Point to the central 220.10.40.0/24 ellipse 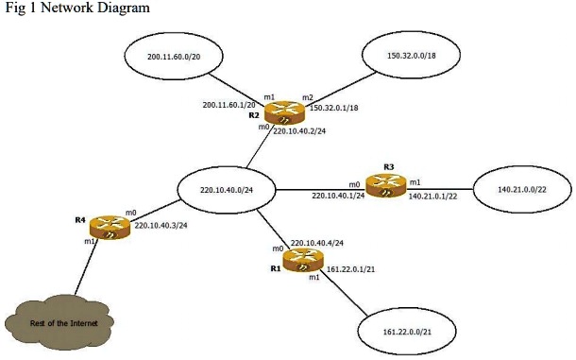point(227,190)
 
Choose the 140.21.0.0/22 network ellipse point(521,190)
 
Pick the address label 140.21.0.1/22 point(432,197)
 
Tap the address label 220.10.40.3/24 point(160,226)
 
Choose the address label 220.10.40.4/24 point(315,243)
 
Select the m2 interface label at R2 point(308,97)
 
